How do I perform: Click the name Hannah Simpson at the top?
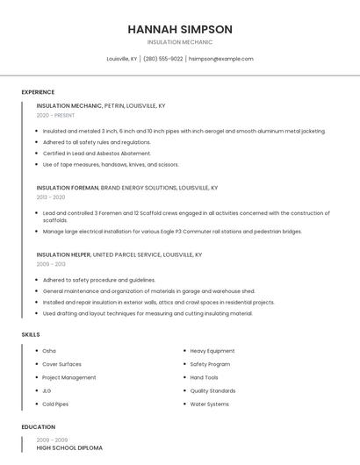click(180, 29)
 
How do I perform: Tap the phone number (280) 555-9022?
click(163, 59)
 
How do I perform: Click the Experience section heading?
click(38, 92)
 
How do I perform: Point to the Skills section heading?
click(31, 334)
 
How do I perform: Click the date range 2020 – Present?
click(55, 115)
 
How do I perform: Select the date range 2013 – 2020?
click(51, 197)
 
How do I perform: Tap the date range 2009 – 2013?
click(51, 263)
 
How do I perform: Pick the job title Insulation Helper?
click(63, 254)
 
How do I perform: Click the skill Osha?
click(49, 351)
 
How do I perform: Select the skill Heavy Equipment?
click(212, 351)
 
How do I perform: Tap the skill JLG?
click(47, 390)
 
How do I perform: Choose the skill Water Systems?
click(209, 404)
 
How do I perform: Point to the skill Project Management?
click(69, 377)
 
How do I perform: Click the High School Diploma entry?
click(69, 447)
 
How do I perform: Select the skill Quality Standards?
click(212, 390)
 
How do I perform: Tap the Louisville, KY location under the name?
click(122, 59)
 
